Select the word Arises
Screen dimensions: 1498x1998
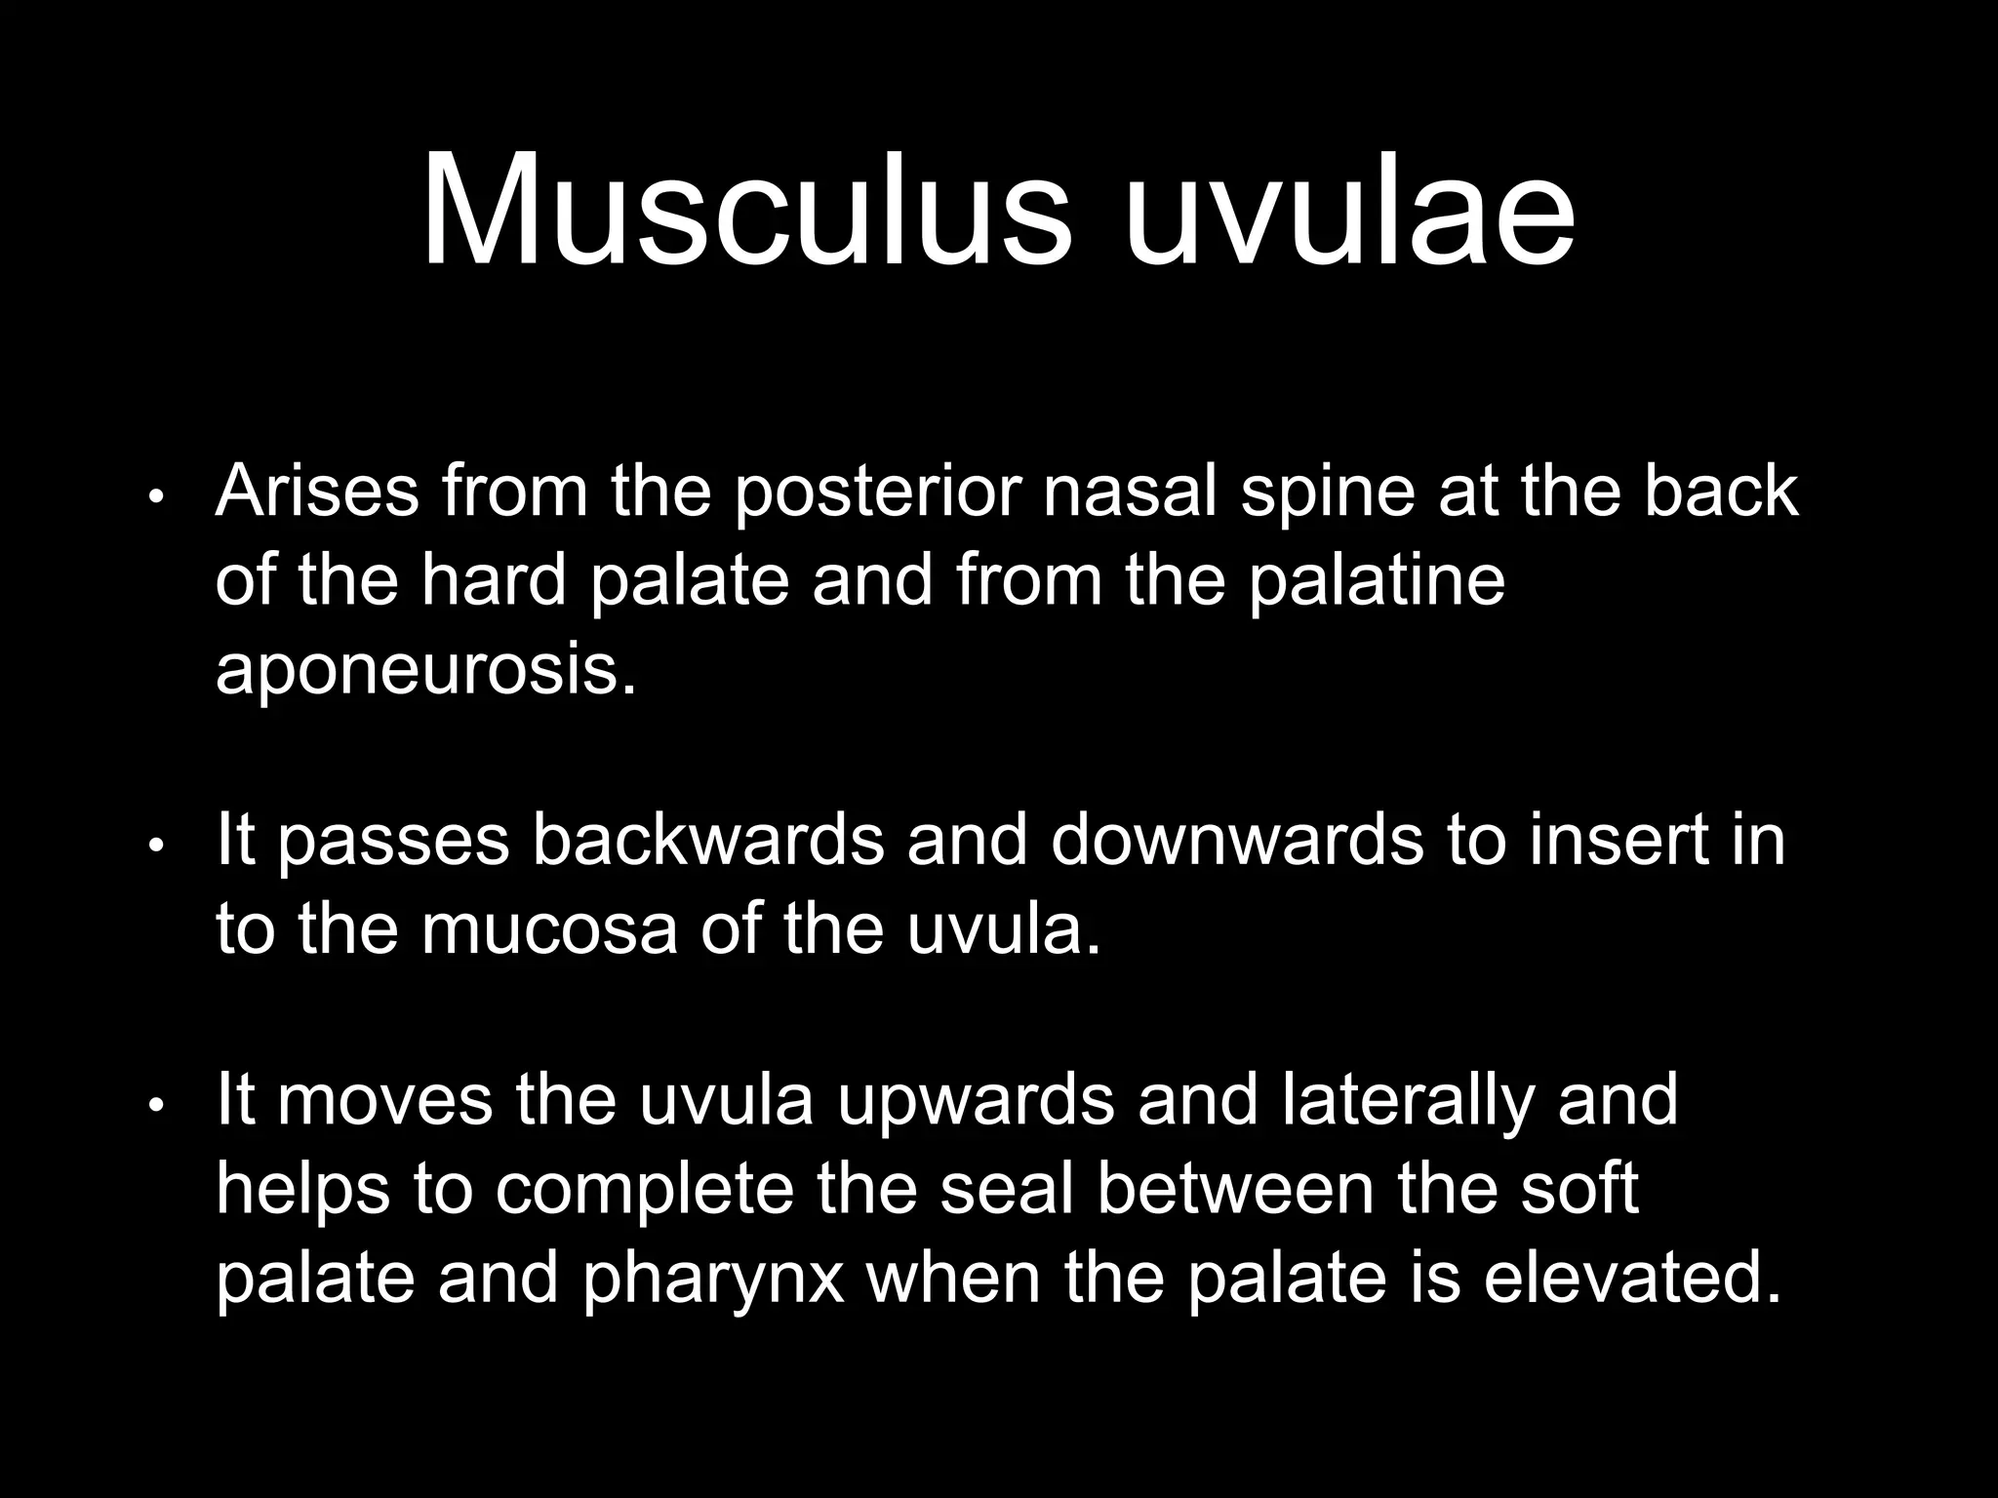(x=317, y=492)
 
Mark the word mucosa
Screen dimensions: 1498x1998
(x=549, y=930)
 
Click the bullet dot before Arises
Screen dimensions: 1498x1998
(x=153, y=498)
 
